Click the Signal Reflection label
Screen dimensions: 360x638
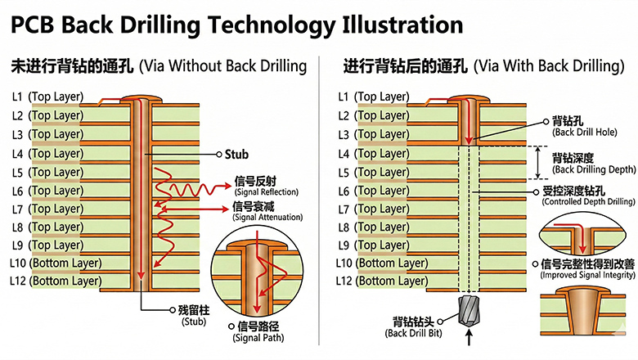266,186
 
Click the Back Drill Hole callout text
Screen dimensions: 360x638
580,125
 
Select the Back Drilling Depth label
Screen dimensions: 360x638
593,164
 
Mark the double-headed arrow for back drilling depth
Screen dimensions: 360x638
537,163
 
